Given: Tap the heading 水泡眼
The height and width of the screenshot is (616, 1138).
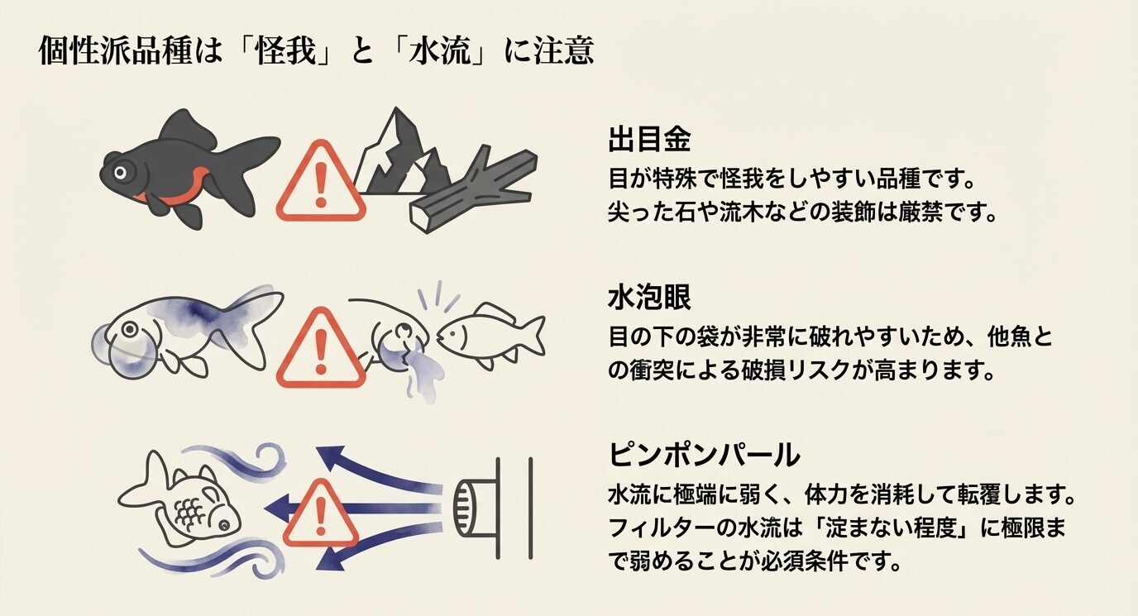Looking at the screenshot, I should [648, 298].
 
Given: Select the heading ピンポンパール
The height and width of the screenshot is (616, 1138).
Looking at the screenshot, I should [704, 454].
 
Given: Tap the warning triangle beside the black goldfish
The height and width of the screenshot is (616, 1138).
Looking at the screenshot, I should [320, 184].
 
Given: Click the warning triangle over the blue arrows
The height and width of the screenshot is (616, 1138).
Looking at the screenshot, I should [320, 505].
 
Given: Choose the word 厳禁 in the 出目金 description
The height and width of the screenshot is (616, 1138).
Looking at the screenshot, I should [925, 211].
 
